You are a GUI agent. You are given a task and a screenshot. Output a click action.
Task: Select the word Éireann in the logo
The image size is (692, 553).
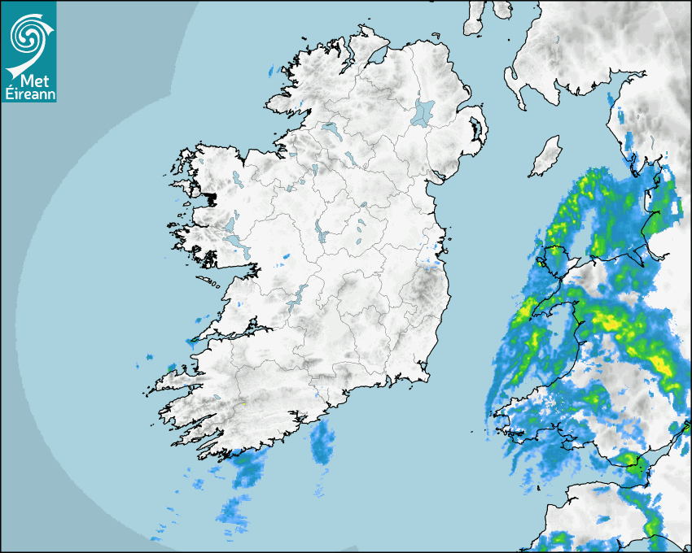pos(28,93)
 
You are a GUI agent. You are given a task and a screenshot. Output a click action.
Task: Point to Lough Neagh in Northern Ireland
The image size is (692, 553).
pos(424,112)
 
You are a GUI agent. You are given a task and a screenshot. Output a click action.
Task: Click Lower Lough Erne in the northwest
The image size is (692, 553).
pos(332,129)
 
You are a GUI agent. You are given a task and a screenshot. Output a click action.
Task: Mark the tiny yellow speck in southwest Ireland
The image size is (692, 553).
pos(243,403)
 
